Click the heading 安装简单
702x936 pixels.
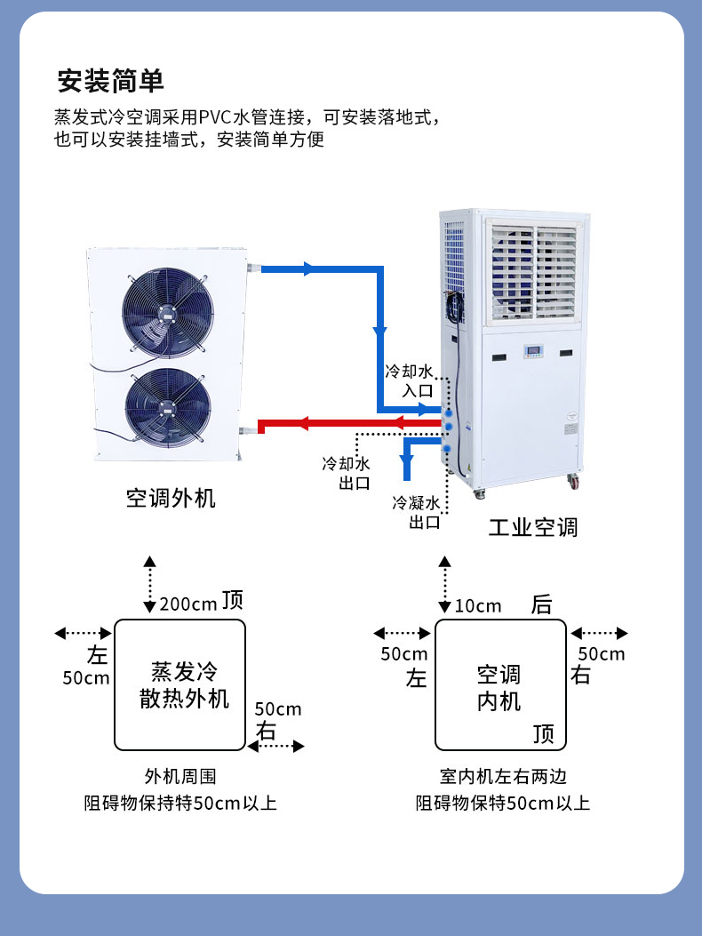point(111,81)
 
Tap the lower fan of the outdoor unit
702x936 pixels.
point(167,408)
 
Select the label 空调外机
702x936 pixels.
point(171,498)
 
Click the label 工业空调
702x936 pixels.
point(533,527)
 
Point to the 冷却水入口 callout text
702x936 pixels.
point(409,380)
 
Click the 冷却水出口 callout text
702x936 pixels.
point(347,474)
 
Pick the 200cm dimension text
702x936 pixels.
point(188,605)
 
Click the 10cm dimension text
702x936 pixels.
point(478,606)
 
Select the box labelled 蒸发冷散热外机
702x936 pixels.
point(179,684)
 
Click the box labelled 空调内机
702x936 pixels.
point(499,685)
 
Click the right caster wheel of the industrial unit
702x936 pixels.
point(572,482)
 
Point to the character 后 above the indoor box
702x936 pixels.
point(541,605)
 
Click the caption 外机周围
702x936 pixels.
point(180,776)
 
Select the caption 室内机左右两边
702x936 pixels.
point(503,776)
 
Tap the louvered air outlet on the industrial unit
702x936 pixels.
point(536,271)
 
